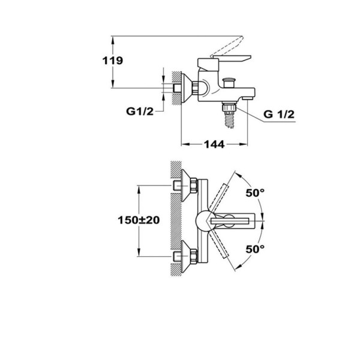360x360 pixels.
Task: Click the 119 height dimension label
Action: (113, 61)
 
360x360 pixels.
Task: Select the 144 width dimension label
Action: (214, 145)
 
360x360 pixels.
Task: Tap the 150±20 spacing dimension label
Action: (139, 220)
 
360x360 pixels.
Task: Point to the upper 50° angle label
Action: (255, 193)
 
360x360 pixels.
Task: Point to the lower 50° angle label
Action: (255, 249)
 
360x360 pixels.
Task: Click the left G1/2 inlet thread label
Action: (140, 112)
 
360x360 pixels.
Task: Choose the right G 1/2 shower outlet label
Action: (279, 114)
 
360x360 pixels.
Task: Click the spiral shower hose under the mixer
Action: (230, 121)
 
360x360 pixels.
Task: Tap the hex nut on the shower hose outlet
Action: (229, 107)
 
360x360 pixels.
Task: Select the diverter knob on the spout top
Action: (229, 82)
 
